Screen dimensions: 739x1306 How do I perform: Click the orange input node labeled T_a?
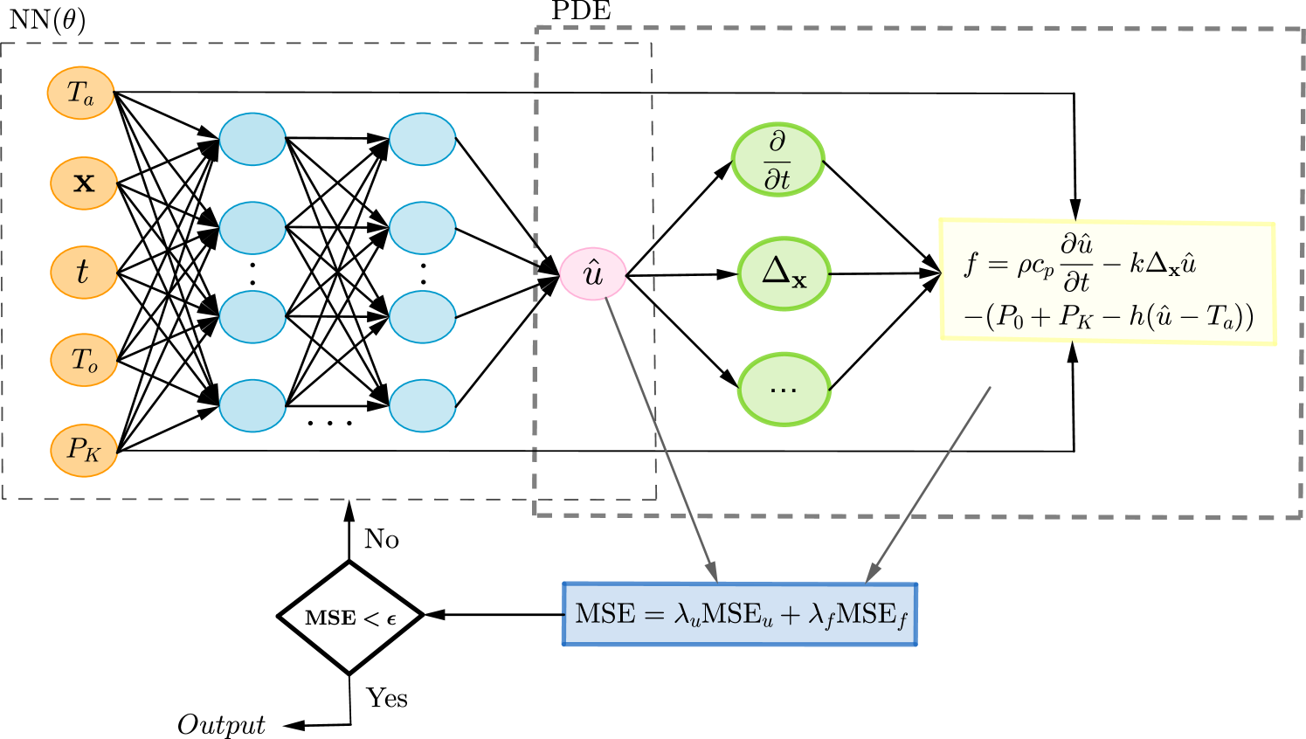80,93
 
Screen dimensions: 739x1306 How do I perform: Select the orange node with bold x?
84,183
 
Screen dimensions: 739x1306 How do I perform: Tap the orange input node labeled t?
84,273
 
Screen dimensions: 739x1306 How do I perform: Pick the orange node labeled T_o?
84,360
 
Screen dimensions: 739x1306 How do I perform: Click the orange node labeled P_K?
84,451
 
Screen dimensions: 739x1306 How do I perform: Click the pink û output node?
593,273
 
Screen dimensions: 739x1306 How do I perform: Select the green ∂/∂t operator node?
777,160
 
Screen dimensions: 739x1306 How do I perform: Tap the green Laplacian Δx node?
784,273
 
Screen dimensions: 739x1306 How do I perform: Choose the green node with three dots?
784,389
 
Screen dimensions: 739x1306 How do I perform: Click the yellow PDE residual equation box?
1107,281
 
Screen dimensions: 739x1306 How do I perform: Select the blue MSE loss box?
739,614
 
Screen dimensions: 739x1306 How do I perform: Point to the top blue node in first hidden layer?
252,139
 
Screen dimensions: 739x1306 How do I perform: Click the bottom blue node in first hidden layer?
252,405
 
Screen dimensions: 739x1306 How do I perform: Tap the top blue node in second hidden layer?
423,139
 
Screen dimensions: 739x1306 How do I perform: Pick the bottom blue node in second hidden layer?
423,405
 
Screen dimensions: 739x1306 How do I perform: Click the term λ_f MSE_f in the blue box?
858,615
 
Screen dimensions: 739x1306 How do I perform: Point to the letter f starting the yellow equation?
970,263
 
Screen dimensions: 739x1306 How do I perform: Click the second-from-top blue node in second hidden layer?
423,228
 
